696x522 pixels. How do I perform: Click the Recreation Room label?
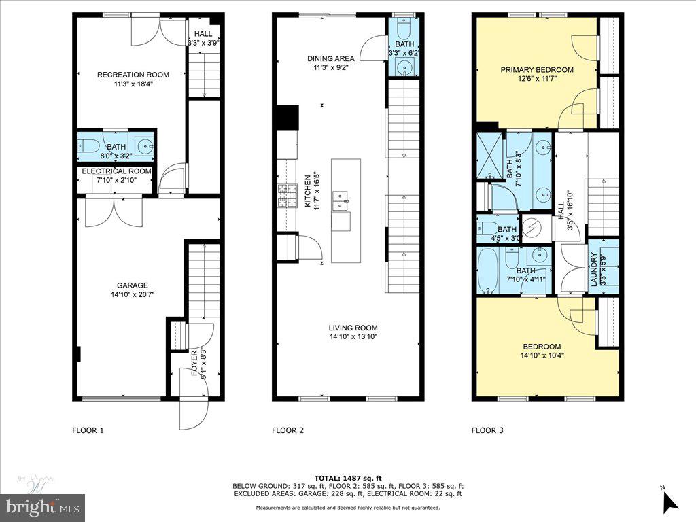133,75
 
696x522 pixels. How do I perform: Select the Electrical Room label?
116,171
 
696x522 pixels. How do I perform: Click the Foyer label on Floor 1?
194,363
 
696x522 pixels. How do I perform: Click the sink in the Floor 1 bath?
144,145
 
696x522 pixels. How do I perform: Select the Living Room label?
353,327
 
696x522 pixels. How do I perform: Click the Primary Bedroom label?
537,69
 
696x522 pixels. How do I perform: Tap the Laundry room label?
593,269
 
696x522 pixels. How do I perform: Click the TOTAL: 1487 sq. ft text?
347,478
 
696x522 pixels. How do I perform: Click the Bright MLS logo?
42,506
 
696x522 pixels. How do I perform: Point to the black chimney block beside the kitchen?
288,118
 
